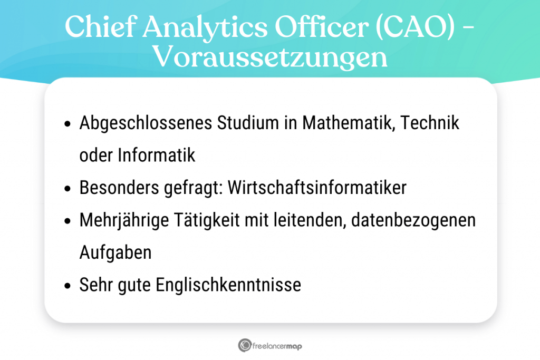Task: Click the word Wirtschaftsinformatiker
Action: coord(317,188)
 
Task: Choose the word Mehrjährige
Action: coord(122,220)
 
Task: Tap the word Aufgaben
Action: coord(115,252)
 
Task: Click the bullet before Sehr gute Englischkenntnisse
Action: coord(67,286)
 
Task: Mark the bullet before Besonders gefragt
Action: coord(67,189)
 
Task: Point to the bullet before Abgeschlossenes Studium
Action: coord(67,124)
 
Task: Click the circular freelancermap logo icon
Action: coord(245,346)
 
